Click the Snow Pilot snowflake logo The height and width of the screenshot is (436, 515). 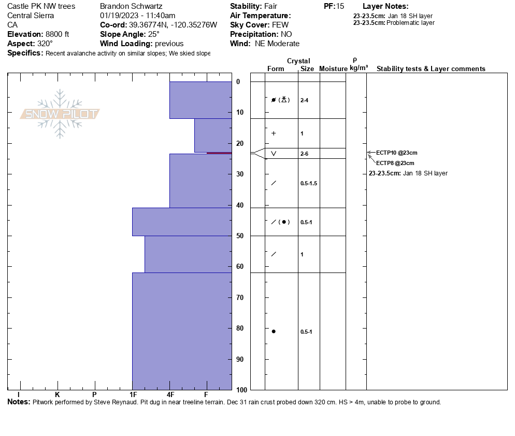coord(60,114)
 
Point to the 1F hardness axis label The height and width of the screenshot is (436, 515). coord(133,395)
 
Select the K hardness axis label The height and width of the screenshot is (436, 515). coord(58,395)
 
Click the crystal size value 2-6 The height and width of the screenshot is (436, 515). coord(304,154)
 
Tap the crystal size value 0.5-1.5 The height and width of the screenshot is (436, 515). coord(309,183)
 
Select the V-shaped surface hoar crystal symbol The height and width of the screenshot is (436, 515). coord(274,154)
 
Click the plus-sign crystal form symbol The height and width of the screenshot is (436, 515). coord(274,133)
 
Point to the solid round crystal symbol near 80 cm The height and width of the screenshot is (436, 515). coord(274,331)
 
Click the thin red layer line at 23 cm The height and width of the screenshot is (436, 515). coord(219,153)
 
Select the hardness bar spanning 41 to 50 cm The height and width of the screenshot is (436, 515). coord(182,222)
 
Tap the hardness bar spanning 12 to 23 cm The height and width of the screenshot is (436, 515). coord(213,135)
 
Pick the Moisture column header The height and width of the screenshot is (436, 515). coord(333,69)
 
